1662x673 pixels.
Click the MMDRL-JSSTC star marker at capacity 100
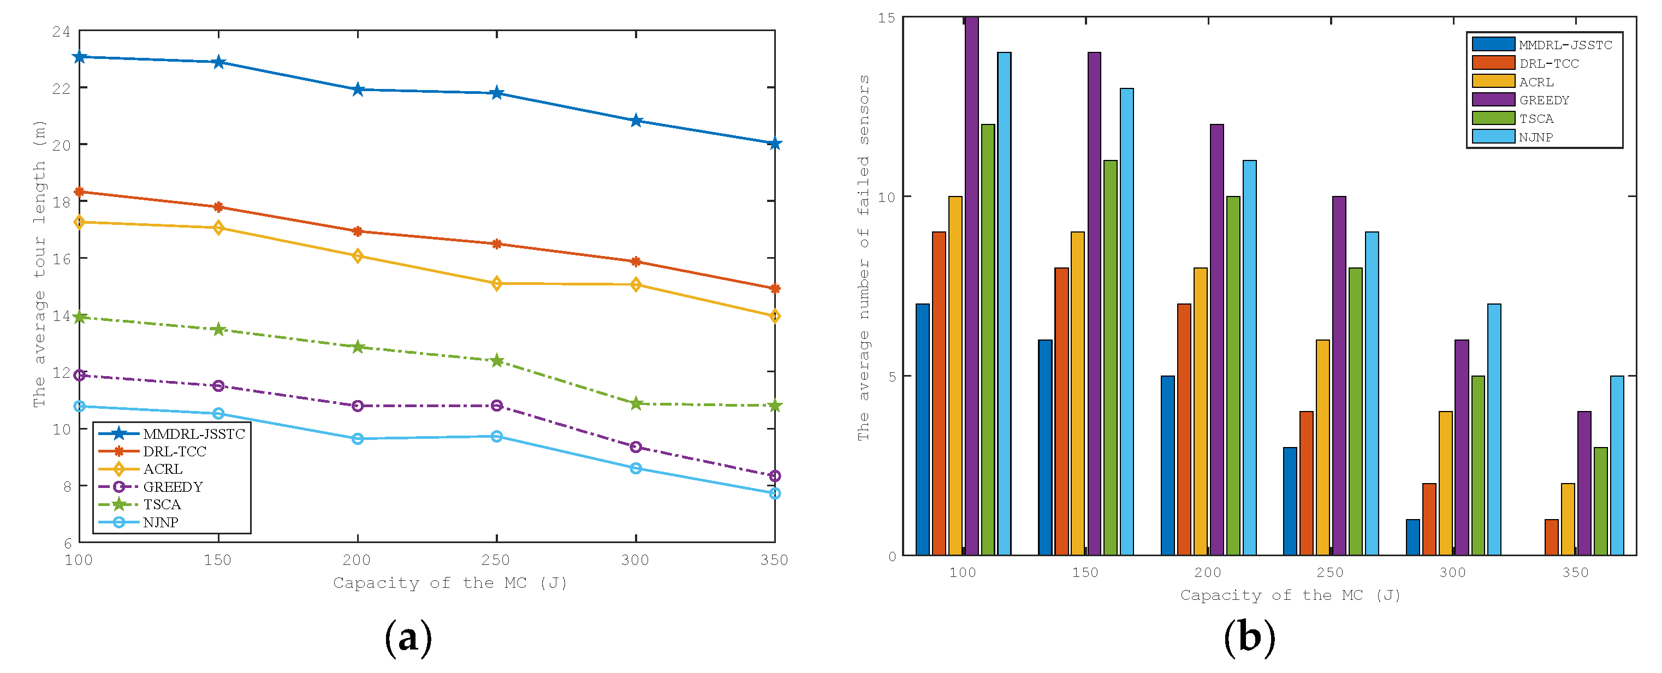[x=79, y=57]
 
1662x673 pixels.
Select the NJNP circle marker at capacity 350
[x=775, y=493]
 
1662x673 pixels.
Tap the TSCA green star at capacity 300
[x=636, y=404]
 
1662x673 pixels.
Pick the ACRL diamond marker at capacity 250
[x=497, y=284]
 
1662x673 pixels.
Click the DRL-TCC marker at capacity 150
[x=218, y=207]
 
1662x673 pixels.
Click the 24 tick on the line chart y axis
[x=61, y=32]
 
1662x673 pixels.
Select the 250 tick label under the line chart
[x=496, y=560]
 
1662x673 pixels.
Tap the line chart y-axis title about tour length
[x=39, y=264]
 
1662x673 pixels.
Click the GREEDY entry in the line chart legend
[x=173, y=486]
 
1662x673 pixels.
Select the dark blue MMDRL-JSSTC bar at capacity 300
[x=1413, y=537]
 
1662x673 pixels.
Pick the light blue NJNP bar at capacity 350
[x=1617, y=465]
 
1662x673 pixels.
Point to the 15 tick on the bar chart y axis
[x=887, y=18]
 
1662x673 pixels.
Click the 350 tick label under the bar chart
[x=1575, y=573]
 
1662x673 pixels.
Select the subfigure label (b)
[x=1249, y=638]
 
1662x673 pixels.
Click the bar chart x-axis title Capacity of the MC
[x=1290, y=595]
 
